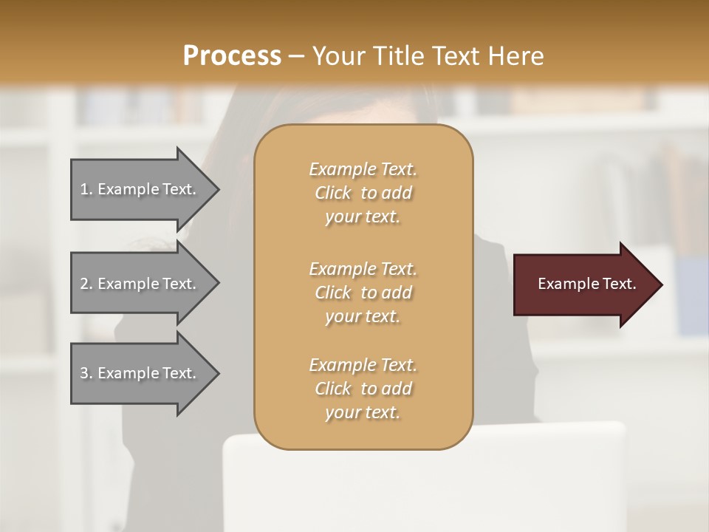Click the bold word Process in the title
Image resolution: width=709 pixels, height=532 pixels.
[232, 55]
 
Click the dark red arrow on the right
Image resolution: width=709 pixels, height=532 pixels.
[583, 284]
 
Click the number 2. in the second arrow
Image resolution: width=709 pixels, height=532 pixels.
[86, 284]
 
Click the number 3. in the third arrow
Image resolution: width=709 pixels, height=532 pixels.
[86, 373]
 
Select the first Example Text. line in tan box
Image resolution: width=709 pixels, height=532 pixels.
[363, 169]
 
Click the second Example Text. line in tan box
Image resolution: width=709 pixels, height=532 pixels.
[363, 268]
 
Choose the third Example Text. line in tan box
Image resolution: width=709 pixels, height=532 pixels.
[363, 365]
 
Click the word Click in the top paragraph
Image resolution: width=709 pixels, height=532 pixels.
[333, 193]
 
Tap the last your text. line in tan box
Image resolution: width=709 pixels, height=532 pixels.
[363, 413]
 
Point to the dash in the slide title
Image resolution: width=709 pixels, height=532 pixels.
[297, 56]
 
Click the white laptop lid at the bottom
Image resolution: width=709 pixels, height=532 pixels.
[424, 480]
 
